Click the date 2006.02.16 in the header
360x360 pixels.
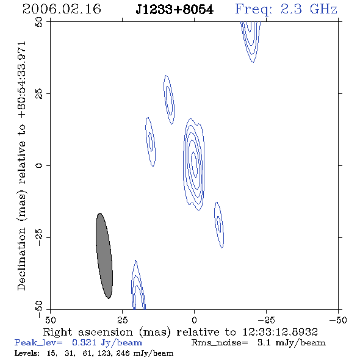(62, 9)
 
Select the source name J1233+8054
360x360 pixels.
(175, 10)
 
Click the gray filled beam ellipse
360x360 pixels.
(104, 256)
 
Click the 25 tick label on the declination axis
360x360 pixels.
(39, 94)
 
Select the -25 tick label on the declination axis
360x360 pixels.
(39, 237)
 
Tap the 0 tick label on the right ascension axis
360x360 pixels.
(194, 320)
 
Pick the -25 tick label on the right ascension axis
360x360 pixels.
(266, 320)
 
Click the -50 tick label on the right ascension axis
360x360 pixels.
(338, 320)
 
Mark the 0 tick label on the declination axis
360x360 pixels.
(39, 165)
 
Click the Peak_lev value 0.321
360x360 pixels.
(84, 342)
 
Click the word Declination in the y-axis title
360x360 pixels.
(21, 259)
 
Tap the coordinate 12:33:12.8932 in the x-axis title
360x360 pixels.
(280, 332)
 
